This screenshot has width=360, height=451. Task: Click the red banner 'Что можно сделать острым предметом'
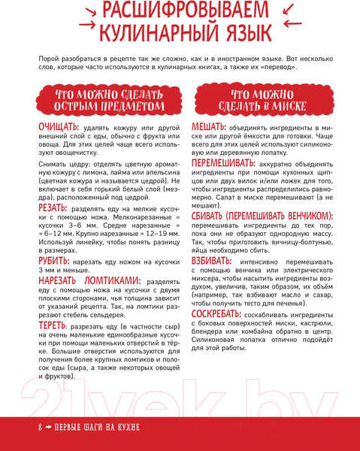(109, 101)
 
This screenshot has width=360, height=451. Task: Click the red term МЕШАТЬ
(212, 126)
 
